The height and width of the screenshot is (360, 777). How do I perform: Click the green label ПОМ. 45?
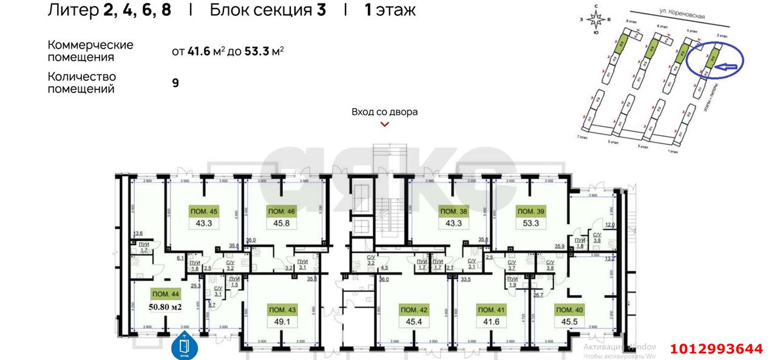(x=205, y=212)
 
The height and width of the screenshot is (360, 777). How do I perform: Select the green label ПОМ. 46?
(x=282, y=212)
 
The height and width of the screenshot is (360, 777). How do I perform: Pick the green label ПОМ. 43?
(x=282, y=310)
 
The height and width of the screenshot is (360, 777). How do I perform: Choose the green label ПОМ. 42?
(x=415, y=310)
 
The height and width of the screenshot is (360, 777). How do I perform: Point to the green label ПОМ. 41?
(x=492, y=310)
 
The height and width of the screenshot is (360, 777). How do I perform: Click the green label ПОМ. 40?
(x=569, y=310)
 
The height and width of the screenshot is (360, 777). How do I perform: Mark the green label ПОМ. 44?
(x=166, y=294)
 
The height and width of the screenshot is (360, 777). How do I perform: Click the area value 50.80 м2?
(x=166, y=307)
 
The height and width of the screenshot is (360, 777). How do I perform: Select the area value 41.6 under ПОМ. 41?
(x=492, y=321)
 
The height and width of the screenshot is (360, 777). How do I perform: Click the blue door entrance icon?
(x=184, y=345)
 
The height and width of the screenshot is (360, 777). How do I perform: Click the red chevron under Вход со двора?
(x=384, y=124)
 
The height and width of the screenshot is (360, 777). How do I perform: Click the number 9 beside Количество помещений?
(x=175, y=83)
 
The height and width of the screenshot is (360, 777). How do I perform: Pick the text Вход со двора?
(x=384, y=112)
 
